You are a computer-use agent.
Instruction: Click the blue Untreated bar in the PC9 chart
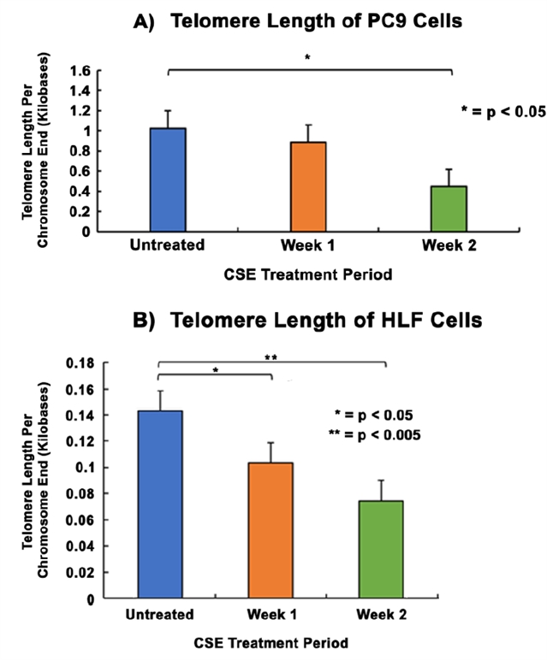pos(168,180)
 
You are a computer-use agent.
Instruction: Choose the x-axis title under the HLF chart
pos(271,642)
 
